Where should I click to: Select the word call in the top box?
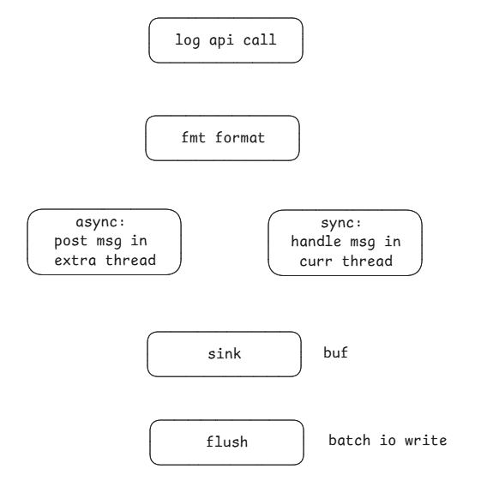[x=254, y=41]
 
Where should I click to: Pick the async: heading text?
[x=104, y=223]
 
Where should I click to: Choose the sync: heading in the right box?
[x=345, y=223]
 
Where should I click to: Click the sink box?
[x=225, y=354]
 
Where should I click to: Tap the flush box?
[x=227, y=442]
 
